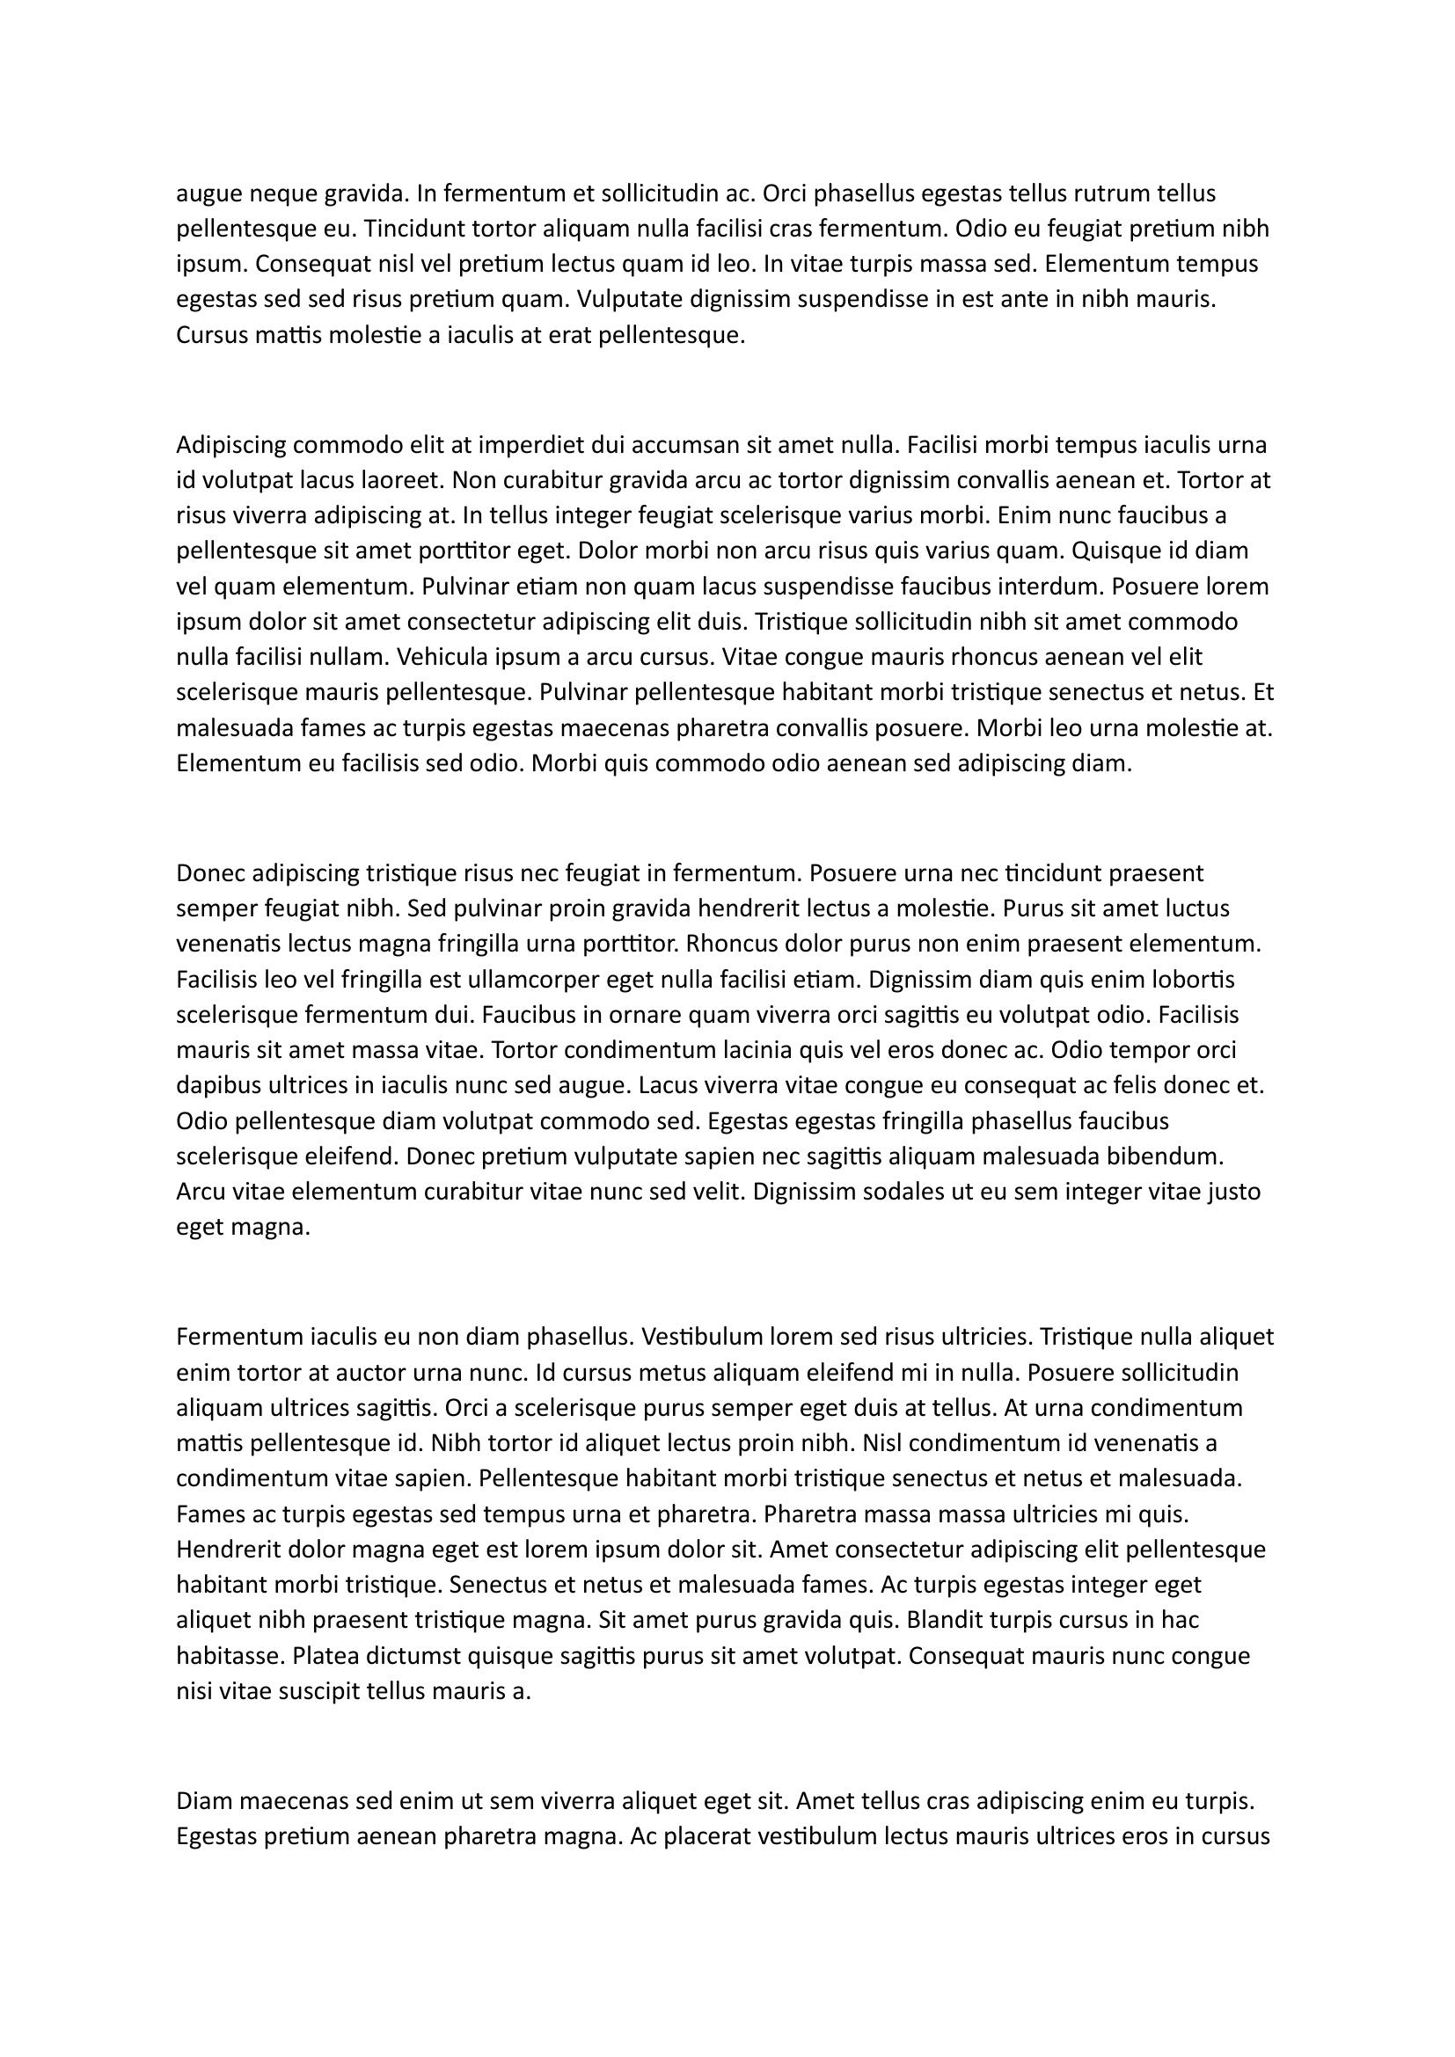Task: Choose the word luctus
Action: point(1198,908)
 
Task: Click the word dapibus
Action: point(214,1086)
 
